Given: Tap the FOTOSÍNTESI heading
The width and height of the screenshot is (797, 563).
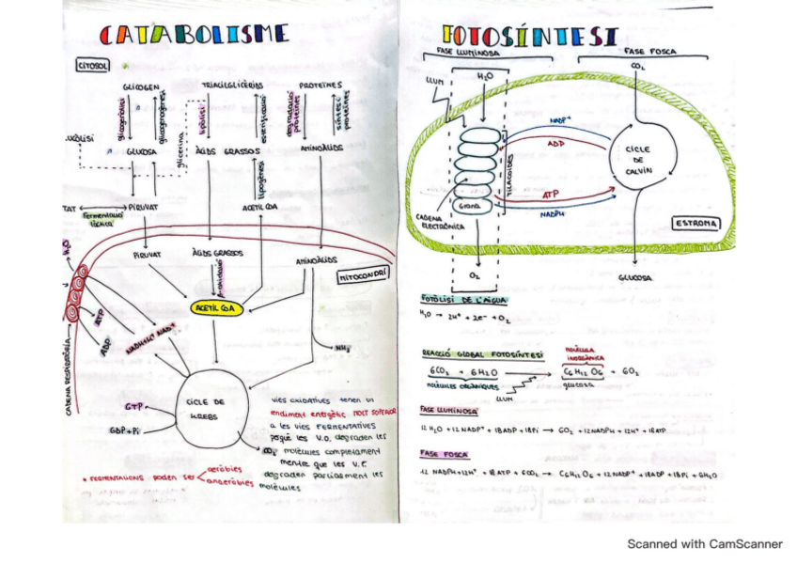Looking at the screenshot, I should click(529, 36).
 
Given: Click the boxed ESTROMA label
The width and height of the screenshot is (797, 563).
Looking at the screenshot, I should click(696, 224).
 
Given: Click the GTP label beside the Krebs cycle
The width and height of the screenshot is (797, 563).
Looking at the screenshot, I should click(133, 406).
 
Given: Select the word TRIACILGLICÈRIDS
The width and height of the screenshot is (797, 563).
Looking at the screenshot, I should click(232, 86).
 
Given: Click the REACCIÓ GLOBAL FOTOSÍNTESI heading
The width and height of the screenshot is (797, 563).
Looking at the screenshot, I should click(481, 353).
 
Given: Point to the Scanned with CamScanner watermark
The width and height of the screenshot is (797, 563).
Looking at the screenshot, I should click(705, 543).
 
